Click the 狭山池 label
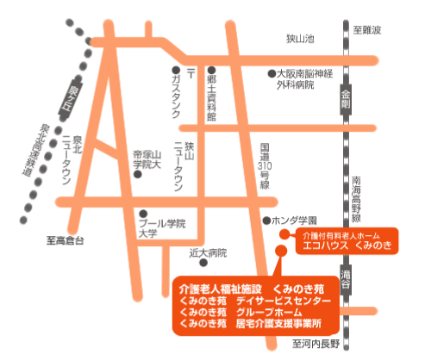tap(302, 40)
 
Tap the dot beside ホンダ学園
tap(268, 220)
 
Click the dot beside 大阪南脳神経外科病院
tap(269, 74)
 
